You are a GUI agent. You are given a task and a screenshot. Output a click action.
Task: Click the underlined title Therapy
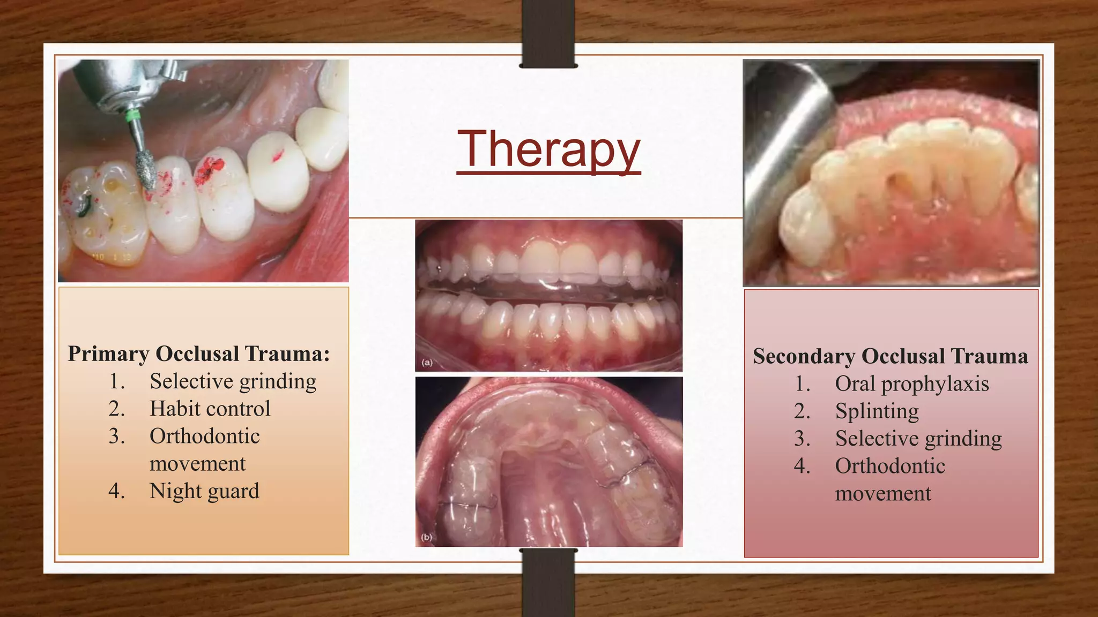(548, 149)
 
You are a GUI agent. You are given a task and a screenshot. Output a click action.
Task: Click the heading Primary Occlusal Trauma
(198, 354)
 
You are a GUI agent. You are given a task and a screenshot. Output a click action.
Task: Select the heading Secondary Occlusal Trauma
(890, 356)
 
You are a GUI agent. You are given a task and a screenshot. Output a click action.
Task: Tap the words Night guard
(204, 491)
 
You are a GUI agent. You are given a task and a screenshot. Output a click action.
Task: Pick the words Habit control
(210, 409)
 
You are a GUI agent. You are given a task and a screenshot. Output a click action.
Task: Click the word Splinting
(877, 411)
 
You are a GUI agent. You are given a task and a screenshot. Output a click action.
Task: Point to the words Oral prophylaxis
(911, 384)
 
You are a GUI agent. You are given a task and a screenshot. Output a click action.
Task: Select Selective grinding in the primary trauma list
(233, 382)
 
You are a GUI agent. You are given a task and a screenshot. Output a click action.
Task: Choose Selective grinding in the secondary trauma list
(918, 439)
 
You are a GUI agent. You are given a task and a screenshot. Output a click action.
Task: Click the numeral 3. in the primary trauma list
(116, 437)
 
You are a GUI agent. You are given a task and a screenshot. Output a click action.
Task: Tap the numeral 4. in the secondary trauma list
(802, 466)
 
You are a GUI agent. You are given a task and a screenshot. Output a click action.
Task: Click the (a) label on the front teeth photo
(427, 363)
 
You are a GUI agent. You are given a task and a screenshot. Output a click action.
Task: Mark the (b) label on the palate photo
(426, 537)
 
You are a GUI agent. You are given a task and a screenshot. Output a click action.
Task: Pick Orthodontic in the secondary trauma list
(889, 466)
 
